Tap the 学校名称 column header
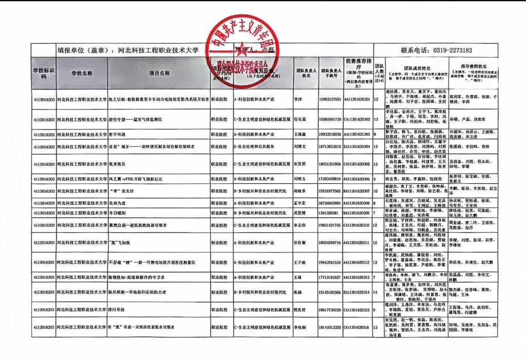point(82,73)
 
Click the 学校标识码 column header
point(43,73)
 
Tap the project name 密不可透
point(118,134)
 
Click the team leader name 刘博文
point(300,147)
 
